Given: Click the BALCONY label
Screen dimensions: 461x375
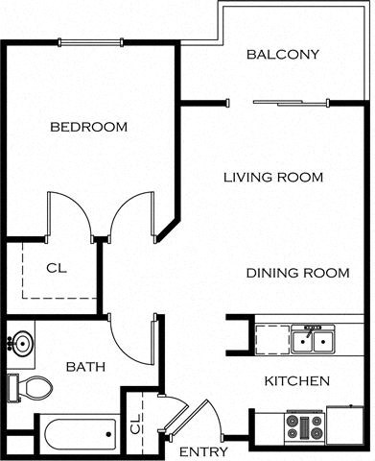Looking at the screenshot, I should (282, 55).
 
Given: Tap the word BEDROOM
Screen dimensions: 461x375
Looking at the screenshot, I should (88, 127).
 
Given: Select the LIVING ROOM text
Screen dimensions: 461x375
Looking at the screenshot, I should (272, 178).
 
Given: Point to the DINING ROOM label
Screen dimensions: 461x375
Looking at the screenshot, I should (297, 273).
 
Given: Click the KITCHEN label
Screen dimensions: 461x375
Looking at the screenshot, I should (297, 381).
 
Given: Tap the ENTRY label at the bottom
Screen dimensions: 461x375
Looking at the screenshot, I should (203, 451).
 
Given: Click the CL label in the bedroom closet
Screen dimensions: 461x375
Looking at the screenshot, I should (56, 268).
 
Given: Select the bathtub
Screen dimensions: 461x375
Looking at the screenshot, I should (77, 434).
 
